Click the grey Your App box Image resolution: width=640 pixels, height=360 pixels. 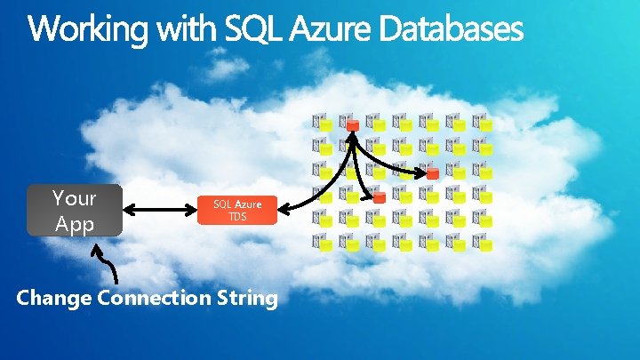pyautogui.click(x=74, y=211)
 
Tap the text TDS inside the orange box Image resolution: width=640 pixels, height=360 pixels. pyautogui.click(x=237, y=217)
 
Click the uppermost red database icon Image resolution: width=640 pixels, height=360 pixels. pyautogui.click(x=352, y=125)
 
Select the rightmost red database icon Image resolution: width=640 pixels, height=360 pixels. pyautogui.click(x=432, y=173)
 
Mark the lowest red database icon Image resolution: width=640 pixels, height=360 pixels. pyautogui.click(x=379, y=197)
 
